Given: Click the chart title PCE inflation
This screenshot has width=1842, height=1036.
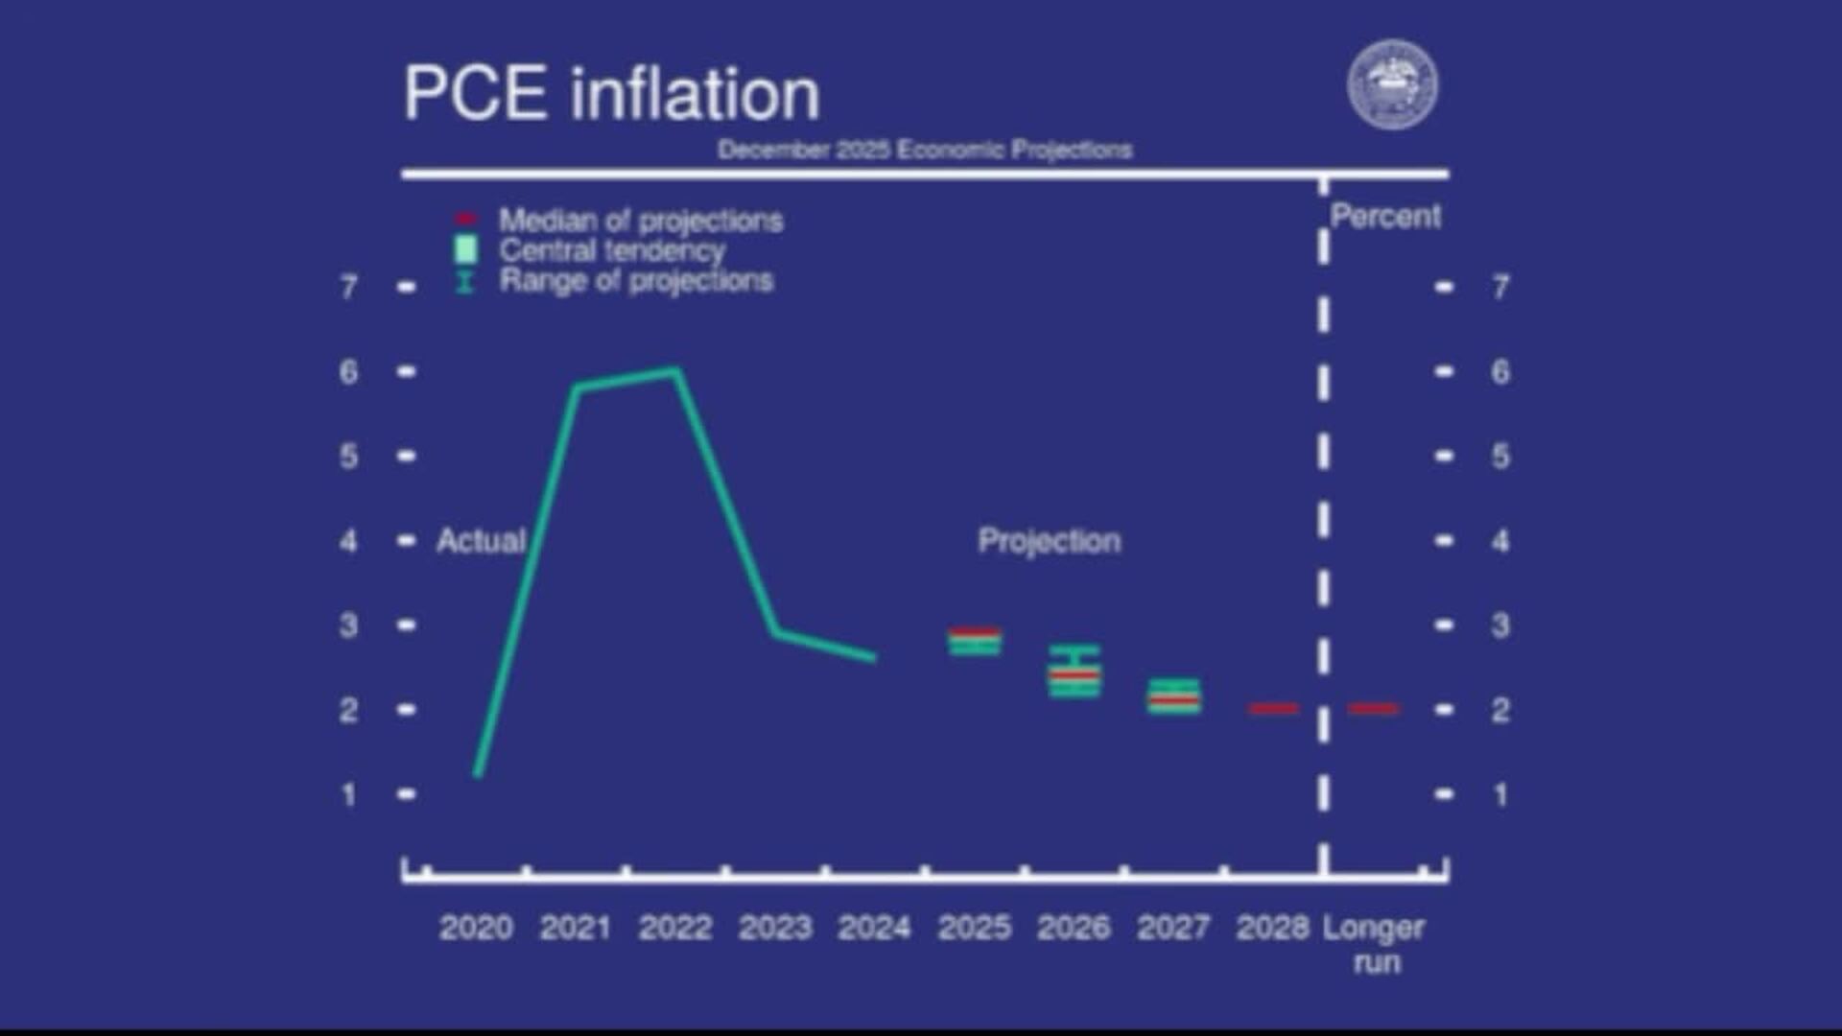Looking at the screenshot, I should pyautogui.click(x=611, y=94).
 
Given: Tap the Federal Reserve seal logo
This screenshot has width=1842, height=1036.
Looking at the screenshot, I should pyautogui.click(x=1392, y=84).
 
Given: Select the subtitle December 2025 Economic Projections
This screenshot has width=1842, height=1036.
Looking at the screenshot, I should pyautogui.click(x=925, y=150).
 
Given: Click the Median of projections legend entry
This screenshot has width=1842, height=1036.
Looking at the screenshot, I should pyautogui.click(x=640, y=221).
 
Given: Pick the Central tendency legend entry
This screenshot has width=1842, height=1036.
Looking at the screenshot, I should pyautogui.click(x=611, y=251).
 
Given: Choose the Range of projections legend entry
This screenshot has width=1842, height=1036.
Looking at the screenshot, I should pyautogui.click(x=635, y=281).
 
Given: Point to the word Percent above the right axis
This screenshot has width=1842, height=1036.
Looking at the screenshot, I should pyautogui.click(x=1385, y=217).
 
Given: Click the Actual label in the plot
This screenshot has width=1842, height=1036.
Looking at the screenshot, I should pyautogui.click(x=481, y=541).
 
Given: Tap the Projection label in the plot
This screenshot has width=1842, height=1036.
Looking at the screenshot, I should pyautogui.click(x=1049, y=541).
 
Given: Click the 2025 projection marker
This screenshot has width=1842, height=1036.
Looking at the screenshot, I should pyautogui.click(x=975, y=641).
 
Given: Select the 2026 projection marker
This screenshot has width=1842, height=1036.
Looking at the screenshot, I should pyautogui.click(x=1074, y=672).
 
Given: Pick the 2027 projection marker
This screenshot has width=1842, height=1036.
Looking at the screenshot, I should pyautogui.click(x=1174, y=696).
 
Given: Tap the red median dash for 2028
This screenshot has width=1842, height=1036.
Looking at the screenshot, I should pyautogui.click(x=1274, y=709).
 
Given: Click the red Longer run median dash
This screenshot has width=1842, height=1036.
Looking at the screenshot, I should pyautogui.click(x=1374, y=709).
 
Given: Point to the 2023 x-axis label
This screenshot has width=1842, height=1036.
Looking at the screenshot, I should pyautogui.click(x=775, y=928).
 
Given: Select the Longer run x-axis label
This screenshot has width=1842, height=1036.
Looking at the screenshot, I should pyautogui.click(x=1374, y=944).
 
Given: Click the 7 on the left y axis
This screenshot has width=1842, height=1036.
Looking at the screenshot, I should pyautogui.click(x=349, y=287).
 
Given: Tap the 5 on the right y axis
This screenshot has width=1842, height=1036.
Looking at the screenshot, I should pyautogui.click(x=1500, y=456).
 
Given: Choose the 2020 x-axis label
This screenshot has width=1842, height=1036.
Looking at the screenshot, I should pyautogui.click(x=476, y=928).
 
